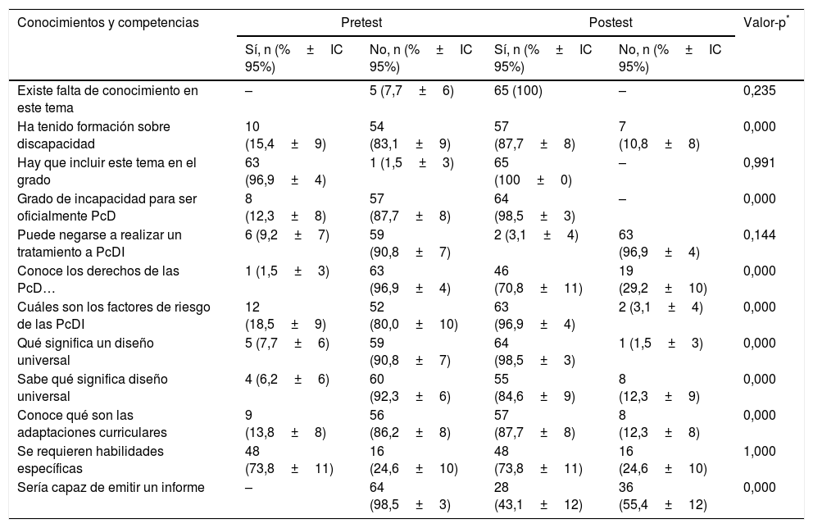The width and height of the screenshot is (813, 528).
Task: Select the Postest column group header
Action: pos(611,22)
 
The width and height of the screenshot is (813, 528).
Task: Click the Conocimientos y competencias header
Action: pos(108,22)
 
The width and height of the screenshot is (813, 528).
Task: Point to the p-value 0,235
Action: pos(757,90)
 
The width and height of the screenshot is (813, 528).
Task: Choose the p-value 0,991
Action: pos(757,162)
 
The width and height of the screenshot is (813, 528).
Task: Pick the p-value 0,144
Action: pos(757,234)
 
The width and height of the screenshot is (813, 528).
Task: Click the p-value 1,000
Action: pos(757,451)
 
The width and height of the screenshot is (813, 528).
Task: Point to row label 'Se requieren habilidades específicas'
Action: pos(90,458)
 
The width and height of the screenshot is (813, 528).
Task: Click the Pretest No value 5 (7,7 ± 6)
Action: pos(411,90)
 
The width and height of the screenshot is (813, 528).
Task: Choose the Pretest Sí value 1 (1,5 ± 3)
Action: pos(287,271)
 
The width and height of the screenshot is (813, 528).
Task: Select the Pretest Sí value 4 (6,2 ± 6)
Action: pos(287,379)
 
